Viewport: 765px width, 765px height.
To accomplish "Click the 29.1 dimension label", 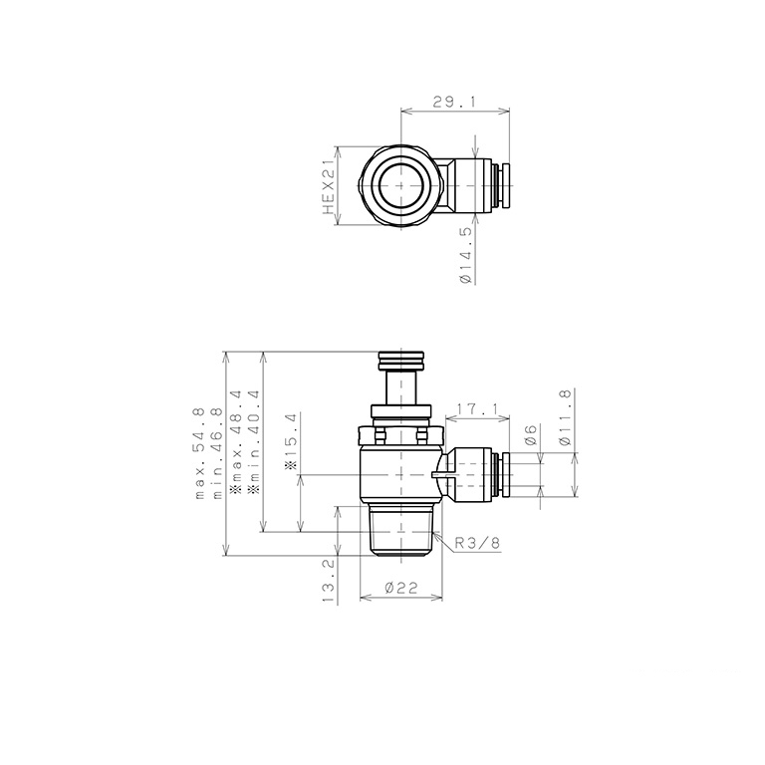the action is coord(454,102).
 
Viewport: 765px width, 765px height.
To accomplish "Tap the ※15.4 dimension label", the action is coord(291,442).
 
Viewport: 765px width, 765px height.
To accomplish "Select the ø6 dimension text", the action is coord(531,435).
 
